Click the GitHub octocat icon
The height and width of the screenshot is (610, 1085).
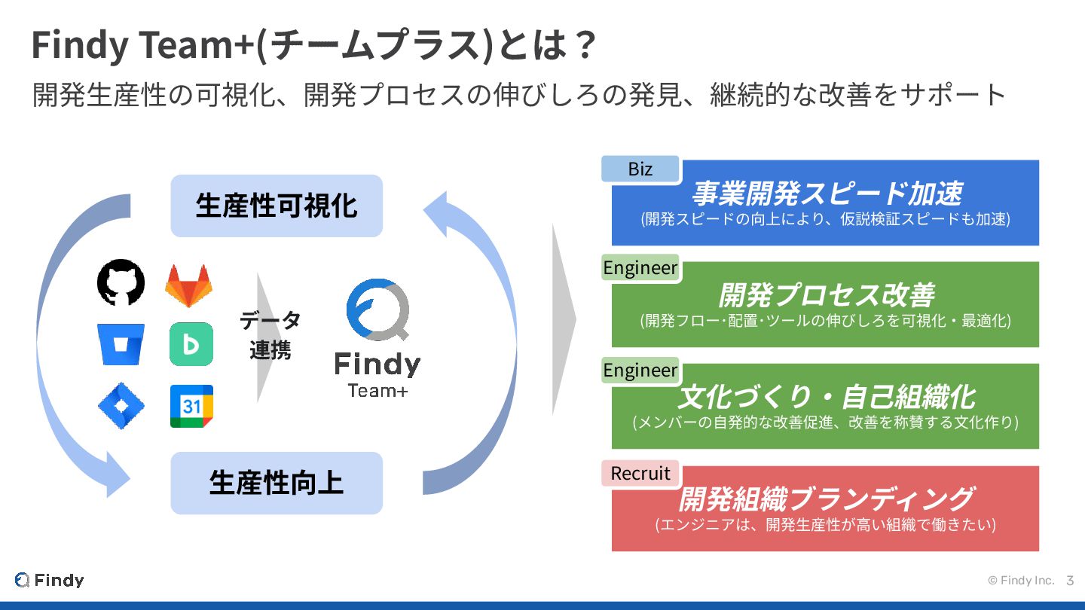[x=121, y=283]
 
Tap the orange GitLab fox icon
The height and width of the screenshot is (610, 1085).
[x=188, y=285]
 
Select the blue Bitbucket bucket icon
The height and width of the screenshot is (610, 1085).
[x=121, y=344]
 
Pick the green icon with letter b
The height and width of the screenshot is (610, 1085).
[x=191, y=344]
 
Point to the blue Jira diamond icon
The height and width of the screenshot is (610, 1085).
[x=121, y=406]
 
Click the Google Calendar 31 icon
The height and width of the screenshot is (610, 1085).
[x=191, y=406]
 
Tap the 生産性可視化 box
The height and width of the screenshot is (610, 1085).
[x=277, y=206]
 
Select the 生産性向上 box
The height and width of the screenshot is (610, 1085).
[x=277, y=483]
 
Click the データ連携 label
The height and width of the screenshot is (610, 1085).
[x=270, y=335]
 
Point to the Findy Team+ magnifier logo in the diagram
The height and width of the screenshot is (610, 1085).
[x=377, y=310]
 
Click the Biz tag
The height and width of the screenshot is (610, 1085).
[x=640, y=169]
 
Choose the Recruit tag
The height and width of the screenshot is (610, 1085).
[x=640, y=473]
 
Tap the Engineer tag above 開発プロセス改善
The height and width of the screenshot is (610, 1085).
[x=640, y=268]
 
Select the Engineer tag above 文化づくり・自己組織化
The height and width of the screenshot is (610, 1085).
[x=640, y=371]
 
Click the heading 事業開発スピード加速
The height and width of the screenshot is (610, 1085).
[x=827, y=194]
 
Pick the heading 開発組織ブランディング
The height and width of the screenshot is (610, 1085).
[x=827, y=499]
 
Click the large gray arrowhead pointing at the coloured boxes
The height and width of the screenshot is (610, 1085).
[x=563, y=319]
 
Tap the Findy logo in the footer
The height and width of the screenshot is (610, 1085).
[x=50, y=580]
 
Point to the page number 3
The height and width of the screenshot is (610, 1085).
[x=1070, y=581]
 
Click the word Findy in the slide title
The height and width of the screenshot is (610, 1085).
[x=80, y=47]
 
